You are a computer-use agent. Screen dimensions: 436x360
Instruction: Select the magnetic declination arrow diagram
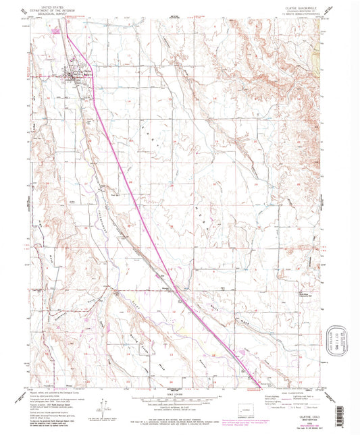pyautogui.click(x=103, y=403)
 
